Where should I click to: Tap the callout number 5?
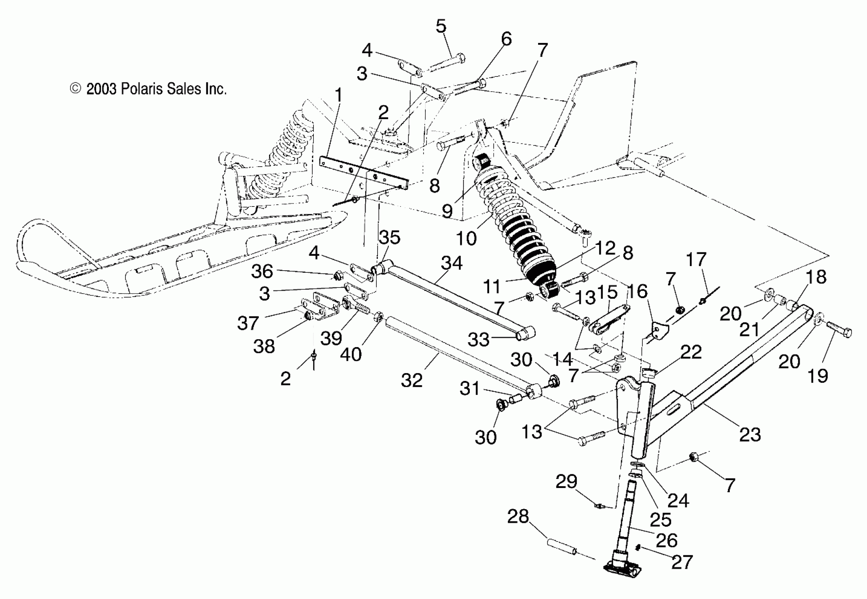(441, 27)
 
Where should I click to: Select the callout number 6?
(506, 39)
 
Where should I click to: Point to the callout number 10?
(466, 238)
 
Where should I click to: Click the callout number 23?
(750, 434)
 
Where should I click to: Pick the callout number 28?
(518, 517)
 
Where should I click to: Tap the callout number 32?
(412, 380)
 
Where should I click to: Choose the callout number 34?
(451, 263)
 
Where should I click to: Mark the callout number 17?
(696, 259)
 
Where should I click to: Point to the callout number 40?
(351, 354)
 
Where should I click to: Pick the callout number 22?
(691, 352)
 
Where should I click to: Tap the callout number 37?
(248, 323)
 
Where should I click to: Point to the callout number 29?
(566, 482)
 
